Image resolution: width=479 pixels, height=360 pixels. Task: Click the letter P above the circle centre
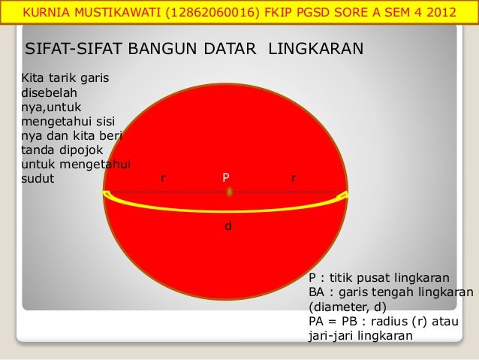(x=225, y=178)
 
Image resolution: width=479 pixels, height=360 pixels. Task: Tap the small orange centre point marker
(x=229, y=192)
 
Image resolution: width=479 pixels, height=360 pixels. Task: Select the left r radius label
(x=163, y=179)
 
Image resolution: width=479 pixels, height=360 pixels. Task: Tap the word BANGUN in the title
(x=162, y=50)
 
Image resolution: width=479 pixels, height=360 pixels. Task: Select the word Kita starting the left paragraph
(x=34, y=76)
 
